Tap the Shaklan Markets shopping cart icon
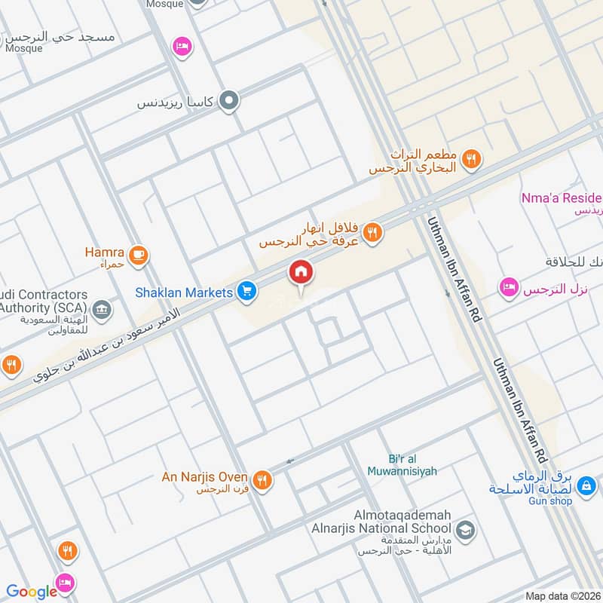246,290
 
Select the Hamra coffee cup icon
137,254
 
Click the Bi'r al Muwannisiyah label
401,465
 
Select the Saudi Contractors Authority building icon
101,308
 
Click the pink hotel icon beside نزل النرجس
509,286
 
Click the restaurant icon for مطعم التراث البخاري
473,158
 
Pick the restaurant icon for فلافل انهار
371,234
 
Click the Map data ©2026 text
562,596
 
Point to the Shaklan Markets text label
184,291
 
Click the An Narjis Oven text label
205,477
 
